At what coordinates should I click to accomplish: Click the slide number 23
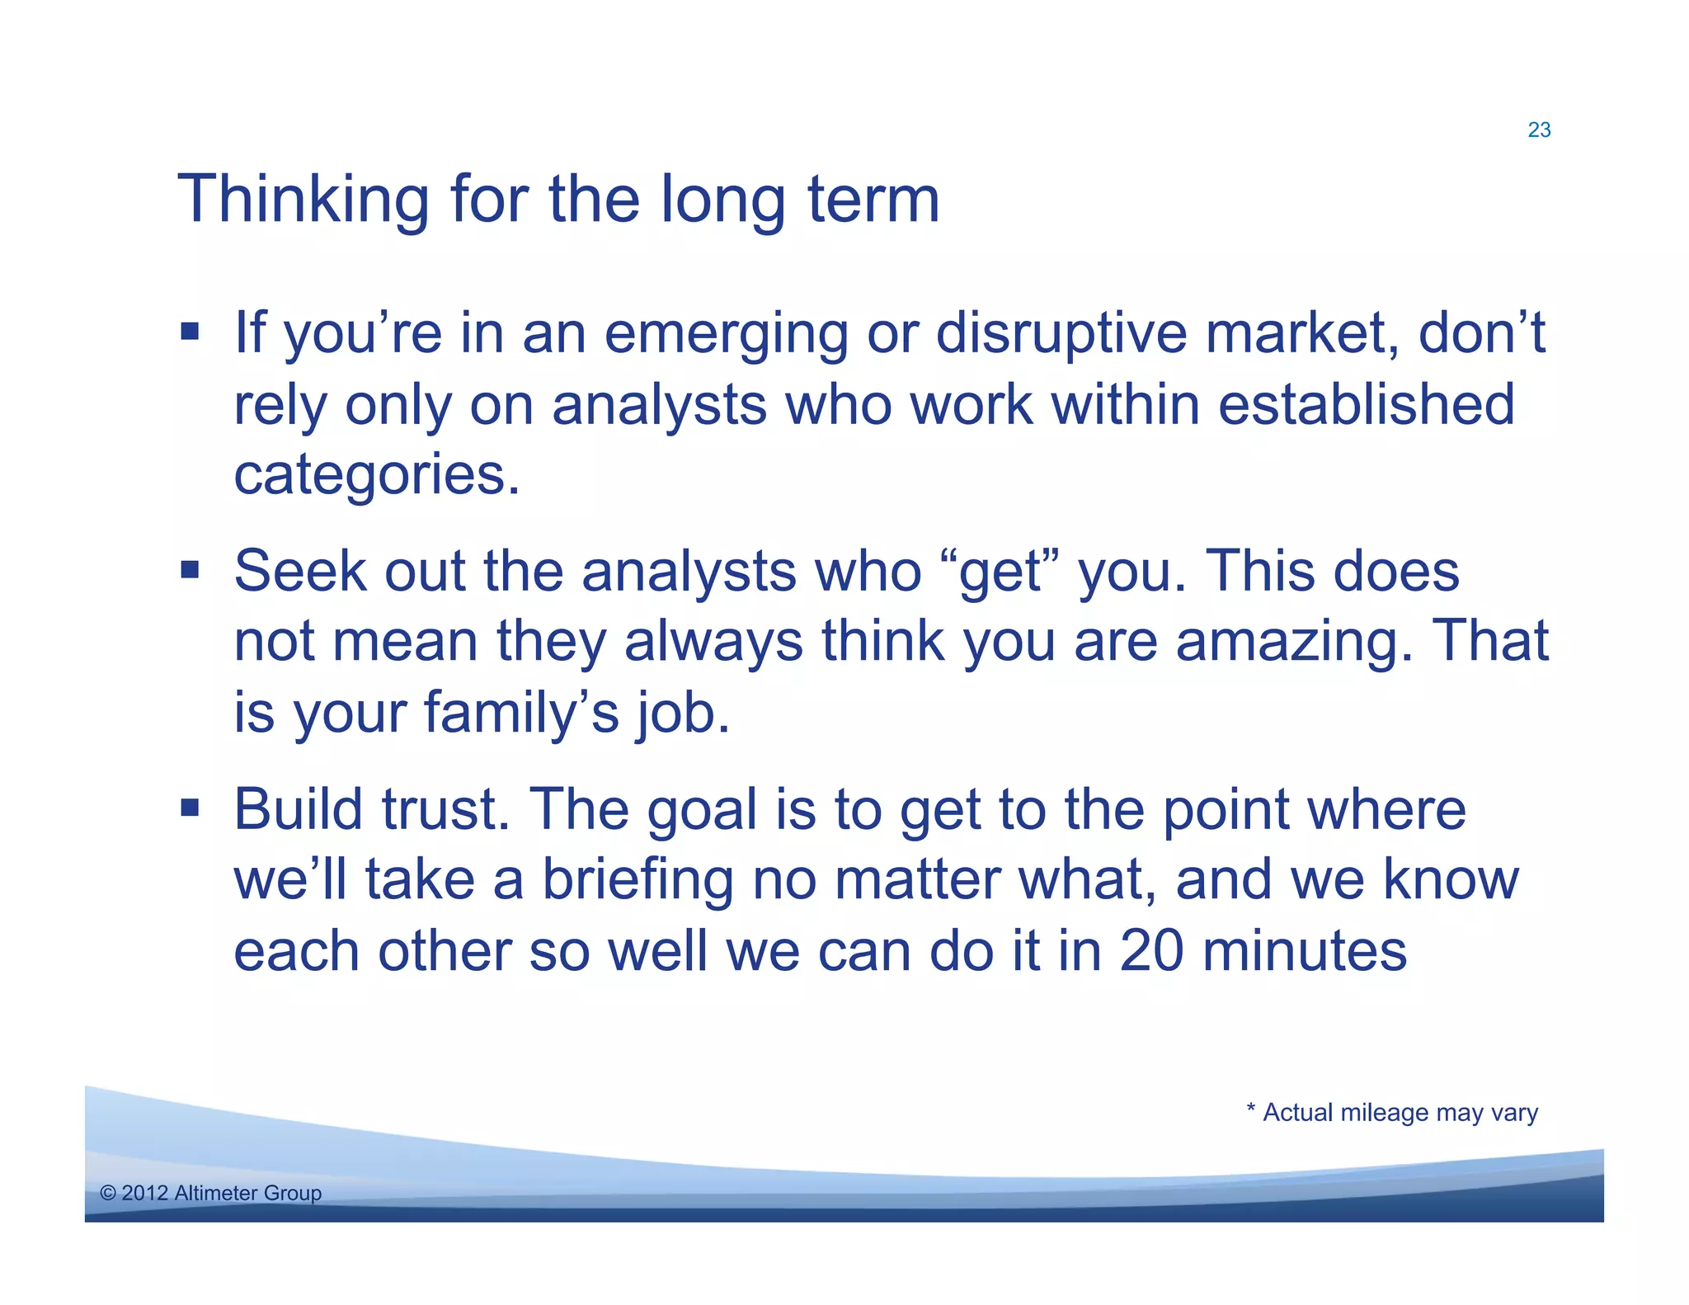coord(1539,130)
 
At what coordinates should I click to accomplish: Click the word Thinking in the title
coord(303,200)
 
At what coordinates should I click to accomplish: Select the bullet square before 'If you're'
coord(191,332)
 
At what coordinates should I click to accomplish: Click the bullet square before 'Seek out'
coord(191,570)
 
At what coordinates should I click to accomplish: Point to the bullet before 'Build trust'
coord(191,808)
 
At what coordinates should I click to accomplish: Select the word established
coord(1366,405)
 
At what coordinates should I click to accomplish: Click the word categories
coord(376,477)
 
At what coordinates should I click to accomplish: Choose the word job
coord(683,714)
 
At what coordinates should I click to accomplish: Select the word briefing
coord(637,881)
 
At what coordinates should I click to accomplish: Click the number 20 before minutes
coord(1151,951)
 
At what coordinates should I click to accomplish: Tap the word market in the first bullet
coord(1301,334)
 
